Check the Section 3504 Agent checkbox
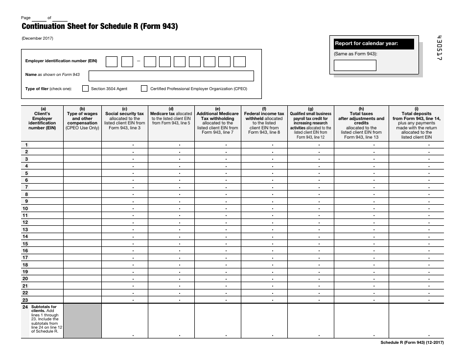click(x=85, y=89)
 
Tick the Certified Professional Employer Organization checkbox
click(x=144, y=89)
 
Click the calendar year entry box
click(x=355, y=65)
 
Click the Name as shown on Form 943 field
click(x=171, y=76)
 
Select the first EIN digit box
click(x=112, y=61)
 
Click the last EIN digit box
click(x=239, y=61)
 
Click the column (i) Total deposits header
click(x=416, y=122)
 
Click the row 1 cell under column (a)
click(x=43, y=144)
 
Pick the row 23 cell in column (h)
click(x=361, y=300)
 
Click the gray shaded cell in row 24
click(x=82, y=321)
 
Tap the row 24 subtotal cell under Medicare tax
click(x=171, y=321)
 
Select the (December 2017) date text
click(x=37, y=38)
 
